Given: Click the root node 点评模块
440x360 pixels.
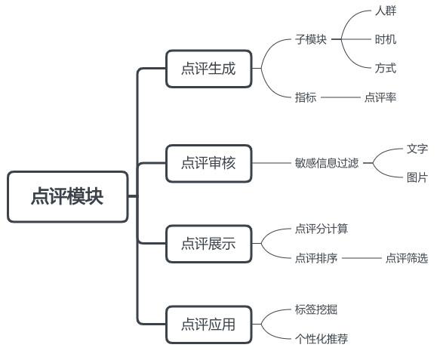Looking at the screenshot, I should [x=68, y=197].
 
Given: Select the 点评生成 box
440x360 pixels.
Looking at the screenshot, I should [x=208, y=69].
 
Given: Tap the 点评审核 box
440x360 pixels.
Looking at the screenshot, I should [x=208, y=162].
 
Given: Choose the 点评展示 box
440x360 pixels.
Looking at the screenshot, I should [x=208, y=243].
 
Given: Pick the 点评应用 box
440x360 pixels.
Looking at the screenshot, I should [x=208, y=325].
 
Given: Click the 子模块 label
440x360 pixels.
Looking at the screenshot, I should [x=311, y=39].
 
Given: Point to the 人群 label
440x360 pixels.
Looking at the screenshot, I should [x=385, y=11].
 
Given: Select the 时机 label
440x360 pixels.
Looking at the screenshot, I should [x=385, y=39].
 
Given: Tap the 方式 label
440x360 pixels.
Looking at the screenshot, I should [x=385, y=69].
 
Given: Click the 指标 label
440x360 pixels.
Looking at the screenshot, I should [x=306, y=97].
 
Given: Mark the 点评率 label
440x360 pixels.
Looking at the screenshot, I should [x=380, y=97].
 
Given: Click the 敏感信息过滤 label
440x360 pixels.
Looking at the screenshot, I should [x=327, y=162].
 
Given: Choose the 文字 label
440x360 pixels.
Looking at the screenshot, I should [x=417, y=149].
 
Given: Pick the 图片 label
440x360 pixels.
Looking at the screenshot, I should [x=417, y=177].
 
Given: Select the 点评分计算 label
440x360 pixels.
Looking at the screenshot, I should [x=322, y=229].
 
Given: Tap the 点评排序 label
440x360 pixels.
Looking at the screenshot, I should [x=316, y=258].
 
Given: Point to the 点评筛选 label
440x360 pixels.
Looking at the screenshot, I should [x=406, y=258].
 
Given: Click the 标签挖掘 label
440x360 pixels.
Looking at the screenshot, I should [x=316, y=309].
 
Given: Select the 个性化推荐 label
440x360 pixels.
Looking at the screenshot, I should [x=322, y=339].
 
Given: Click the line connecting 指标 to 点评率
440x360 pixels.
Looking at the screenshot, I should [x=340, y=97].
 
